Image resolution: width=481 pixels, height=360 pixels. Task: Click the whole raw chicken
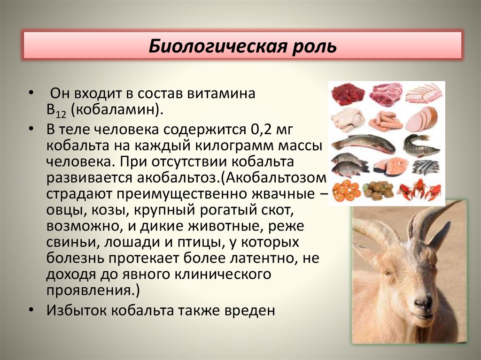348,120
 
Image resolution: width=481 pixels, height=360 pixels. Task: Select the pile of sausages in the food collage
385,122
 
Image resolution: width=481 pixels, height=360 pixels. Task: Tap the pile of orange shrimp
347,190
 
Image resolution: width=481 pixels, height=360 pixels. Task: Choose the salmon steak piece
386,165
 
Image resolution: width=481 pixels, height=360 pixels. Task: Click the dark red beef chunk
348,94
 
